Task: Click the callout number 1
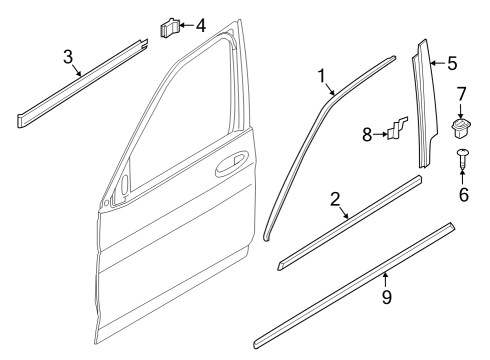322,75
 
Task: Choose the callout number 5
452,64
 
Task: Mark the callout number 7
462,95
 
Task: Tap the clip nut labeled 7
462,126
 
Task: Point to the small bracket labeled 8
397,128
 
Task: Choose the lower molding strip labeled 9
355,286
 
